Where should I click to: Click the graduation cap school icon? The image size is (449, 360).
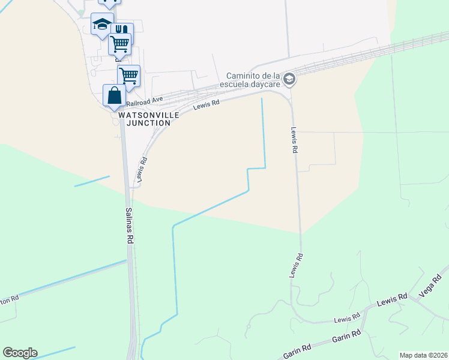[x=102, y=25]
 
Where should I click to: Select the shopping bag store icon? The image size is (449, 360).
[x=114, y=96]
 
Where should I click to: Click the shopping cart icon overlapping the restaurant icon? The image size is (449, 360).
[x=119, y=43]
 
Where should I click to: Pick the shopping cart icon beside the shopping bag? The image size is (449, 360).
[x=128, y=76]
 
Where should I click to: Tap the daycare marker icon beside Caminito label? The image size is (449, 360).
[x=289, y=79]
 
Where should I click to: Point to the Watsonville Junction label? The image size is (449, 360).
[x=145, y=118]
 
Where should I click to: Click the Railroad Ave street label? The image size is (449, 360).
[x=144, y=101]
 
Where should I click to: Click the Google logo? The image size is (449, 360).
[x=20, y=353]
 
